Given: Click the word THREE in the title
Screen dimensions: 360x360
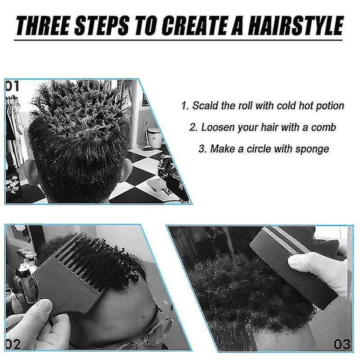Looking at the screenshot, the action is pos(43,26).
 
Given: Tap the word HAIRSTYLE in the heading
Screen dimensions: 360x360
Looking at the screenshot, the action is pos(296,26).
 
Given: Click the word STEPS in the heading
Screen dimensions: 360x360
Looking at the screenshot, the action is pos(102,26).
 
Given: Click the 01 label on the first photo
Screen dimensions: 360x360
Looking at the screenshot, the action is pos(12,86).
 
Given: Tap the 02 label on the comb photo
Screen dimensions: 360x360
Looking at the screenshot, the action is pos(13,344).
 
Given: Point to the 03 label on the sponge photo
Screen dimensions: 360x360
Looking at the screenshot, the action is pos(342,344).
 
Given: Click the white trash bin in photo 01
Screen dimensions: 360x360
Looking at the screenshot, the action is pos(154,138).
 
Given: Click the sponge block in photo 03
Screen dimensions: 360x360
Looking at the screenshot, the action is pos(294,266).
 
